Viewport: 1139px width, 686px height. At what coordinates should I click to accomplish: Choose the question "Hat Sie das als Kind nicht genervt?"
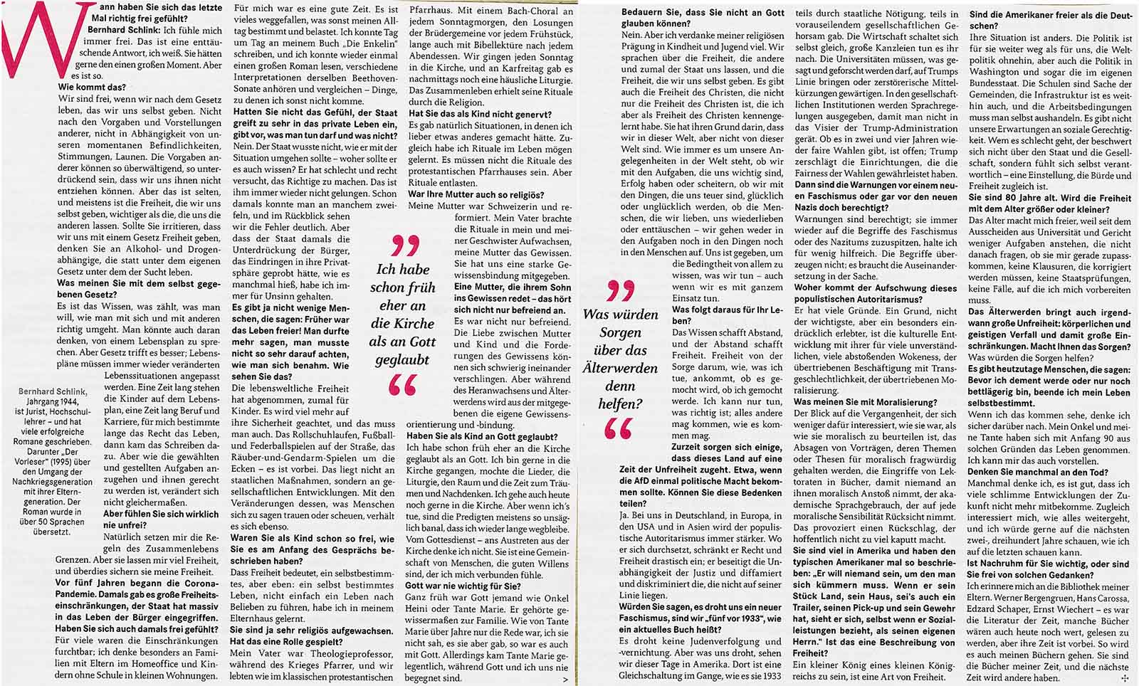pos(480,114)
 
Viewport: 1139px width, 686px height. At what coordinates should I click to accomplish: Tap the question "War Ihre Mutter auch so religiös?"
pos(476,194)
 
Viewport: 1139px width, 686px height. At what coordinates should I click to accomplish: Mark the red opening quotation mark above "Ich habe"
pos(404,247)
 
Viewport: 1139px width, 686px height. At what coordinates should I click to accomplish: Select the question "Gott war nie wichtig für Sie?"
pos(463,586)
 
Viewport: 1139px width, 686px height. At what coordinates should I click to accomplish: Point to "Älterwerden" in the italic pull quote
pos(620,368)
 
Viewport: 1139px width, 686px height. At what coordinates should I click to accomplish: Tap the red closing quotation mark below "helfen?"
pos(618,428)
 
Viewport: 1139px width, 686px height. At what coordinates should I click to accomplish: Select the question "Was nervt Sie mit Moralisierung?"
pos(865,402)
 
